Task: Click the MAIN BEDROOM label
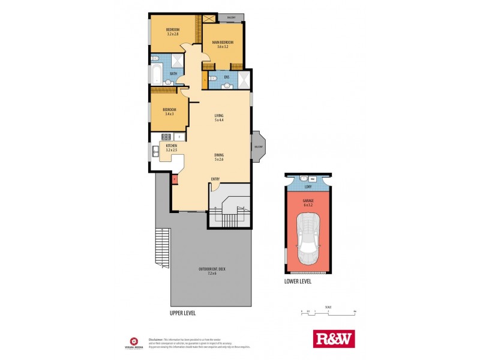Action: [x=222, y=41]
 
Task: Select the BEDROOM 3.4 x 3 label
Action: [x=169, y=112]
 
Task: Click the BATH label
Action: [x=173, y=74]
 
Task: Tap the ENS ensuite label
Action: [x=227, y=77]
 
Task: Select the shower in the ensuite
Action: [x=245, y=80]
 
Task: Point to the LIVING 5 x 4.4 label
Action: [x=219, y=118]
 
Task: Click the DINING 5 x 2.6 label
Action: [x=219, y=157]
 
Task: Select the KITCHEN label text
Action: [x=171, y=146]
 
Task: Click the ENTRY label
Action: [x=215, y=179]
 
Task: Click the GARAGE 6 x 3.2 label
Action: [x=308, y=203]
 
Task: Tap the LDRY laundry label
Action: [x=308, y=187]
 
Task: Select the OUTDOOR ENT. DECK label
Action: [x=211, y=271]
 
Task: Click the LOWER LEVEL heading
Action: [x=298, y=281]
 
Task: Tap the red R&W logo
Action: [x=334, y=339]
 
